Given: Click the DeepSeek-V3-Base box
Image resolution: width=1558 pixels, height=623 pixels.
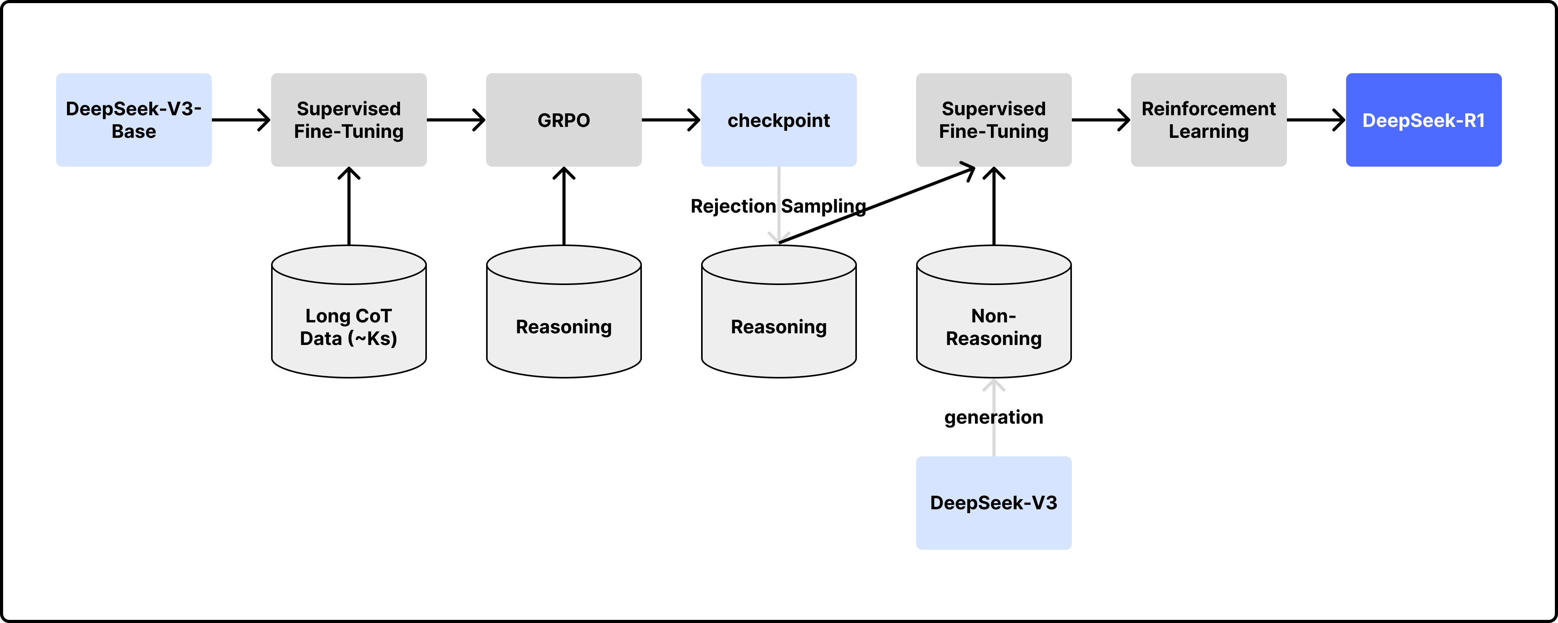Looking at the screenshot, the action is [134, 120].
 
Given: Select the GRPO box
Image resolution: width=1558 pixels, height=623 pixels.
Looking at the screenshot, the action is [564, 120].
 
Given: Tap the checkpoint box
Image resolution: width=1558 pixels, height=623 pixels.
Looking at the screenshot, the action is [779, 120].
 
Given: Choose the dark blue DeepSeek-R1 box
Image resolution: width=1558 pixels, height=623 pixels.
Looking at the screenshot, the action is [1424, 120].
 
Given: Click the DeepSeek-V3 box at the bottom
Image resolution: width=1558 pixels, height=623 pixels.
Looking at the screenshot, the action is [994, 503].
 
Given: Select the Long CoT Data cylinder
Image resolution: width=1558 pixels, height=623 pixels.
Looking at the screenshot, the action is [349, 311].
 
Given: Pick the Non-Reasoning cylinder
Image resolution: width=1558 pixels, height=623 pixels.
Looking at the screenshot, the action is [994, 311].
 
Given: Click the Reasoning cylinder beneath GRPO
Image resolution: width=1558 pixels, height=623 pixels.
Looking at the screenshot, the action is [564, 311].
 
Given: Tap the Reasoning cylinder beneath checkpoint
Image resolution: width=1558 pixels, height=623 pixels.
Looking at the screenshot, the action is [779, 311].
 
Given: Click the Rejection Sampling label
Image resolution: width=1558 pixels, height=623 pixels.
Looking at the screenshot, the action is [778, 206].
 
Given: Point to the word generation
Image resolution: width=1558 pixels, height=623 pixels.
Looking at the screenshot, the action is [994, 417].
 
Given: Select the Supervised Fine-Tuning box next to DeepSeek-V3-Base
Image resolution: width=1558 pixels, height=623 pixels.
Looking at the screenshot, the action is [349, 120].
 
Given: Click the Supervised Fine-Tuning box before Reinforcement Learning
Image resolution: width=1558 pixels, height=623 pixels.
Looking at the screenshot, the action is [994, 120].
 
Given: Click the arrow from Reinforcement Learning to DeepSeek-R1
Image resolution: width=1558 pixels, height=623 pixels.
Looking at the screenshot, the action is [1317, 120].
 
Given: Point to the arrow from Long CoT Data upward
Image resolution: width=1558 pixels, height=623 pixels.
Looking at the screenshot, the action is [349, 206].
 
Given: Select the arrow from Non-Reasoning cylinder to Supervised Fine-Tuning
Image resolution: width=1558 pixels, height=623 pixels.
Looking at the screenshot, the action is [994, 206].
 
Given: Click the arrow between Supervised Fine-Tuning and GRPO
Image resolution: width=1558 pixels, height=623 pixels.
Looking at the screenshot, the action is [456, 120].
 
